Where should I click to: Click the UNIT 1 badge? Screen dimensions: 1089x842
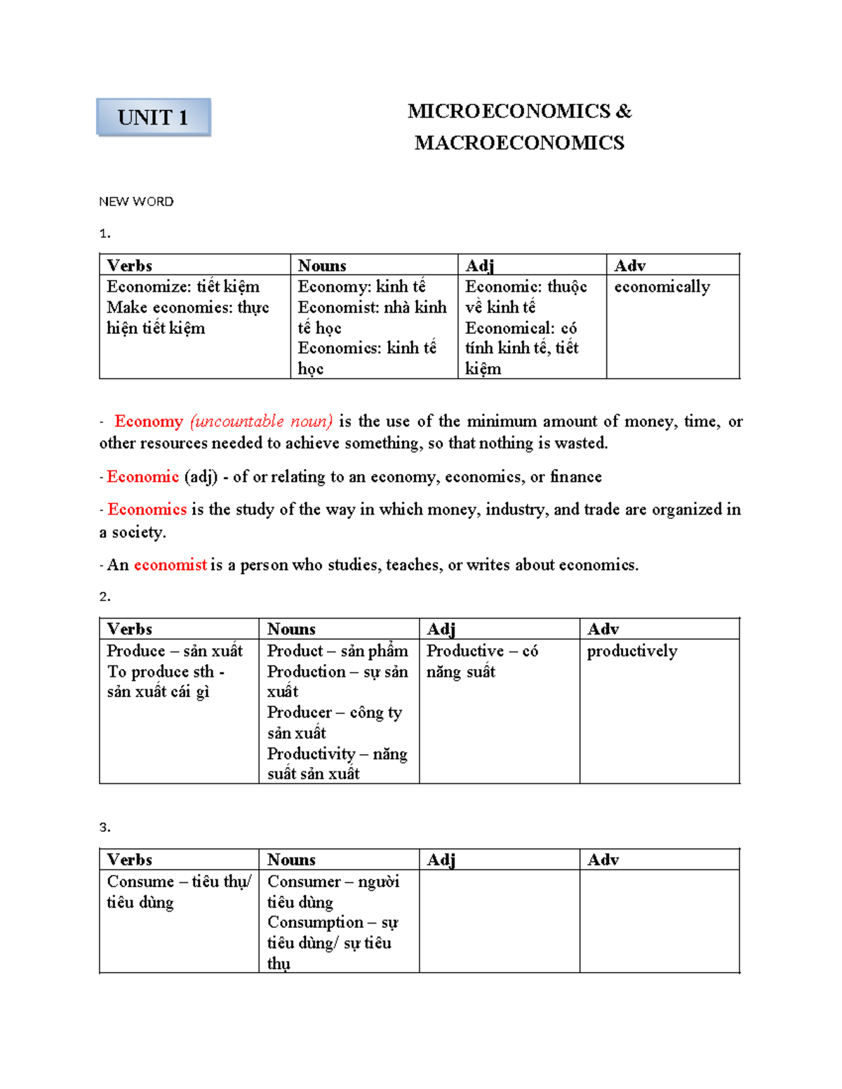[x=153, y=117]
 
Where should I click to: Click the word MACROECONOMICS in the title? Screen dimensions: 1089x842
[x=519, y=143]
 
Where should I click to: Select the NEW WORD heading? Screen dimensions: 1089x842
[x=136, y=202]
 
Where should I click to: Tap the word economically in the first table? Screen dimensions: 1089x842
[x=662, y=287]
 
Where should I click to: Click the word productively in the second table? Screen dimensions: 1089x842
[x=631, y=651]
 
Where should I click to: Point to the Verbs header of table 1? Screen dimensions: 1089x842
[x=130, y=266]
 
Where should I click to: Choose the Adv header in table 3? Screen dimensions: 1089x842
[x=603, y=860]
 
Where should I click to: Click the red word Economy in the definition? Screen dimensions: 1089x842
[x=148, y=421]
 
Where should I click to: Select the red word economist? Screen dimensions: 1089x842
[x=170, y=565]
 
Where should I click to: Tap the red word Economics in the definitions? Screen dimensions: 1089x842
[x=147, y=510]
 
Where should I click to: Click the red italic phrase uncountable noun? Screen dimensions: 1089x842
[x=261, y=421]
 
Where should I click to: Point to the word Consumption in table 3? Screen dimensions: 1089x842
[x=315, y=922]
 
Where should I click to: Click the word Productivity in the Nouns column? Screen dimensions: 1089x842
[x=311, y=754]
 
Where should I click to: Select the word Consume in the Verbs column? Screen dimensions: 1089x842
[x=140, y=881]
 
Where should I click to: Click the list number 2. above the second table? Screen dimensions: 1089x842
[x=105, y=597]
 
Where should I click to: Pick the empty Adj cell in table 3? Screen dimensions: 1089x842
[x=499, y=920]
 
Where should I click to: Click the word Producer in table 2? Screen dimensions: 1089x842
[x=299, y=712]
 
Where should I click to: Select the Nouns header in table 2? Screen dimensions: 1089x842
[x=291, y=629]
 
